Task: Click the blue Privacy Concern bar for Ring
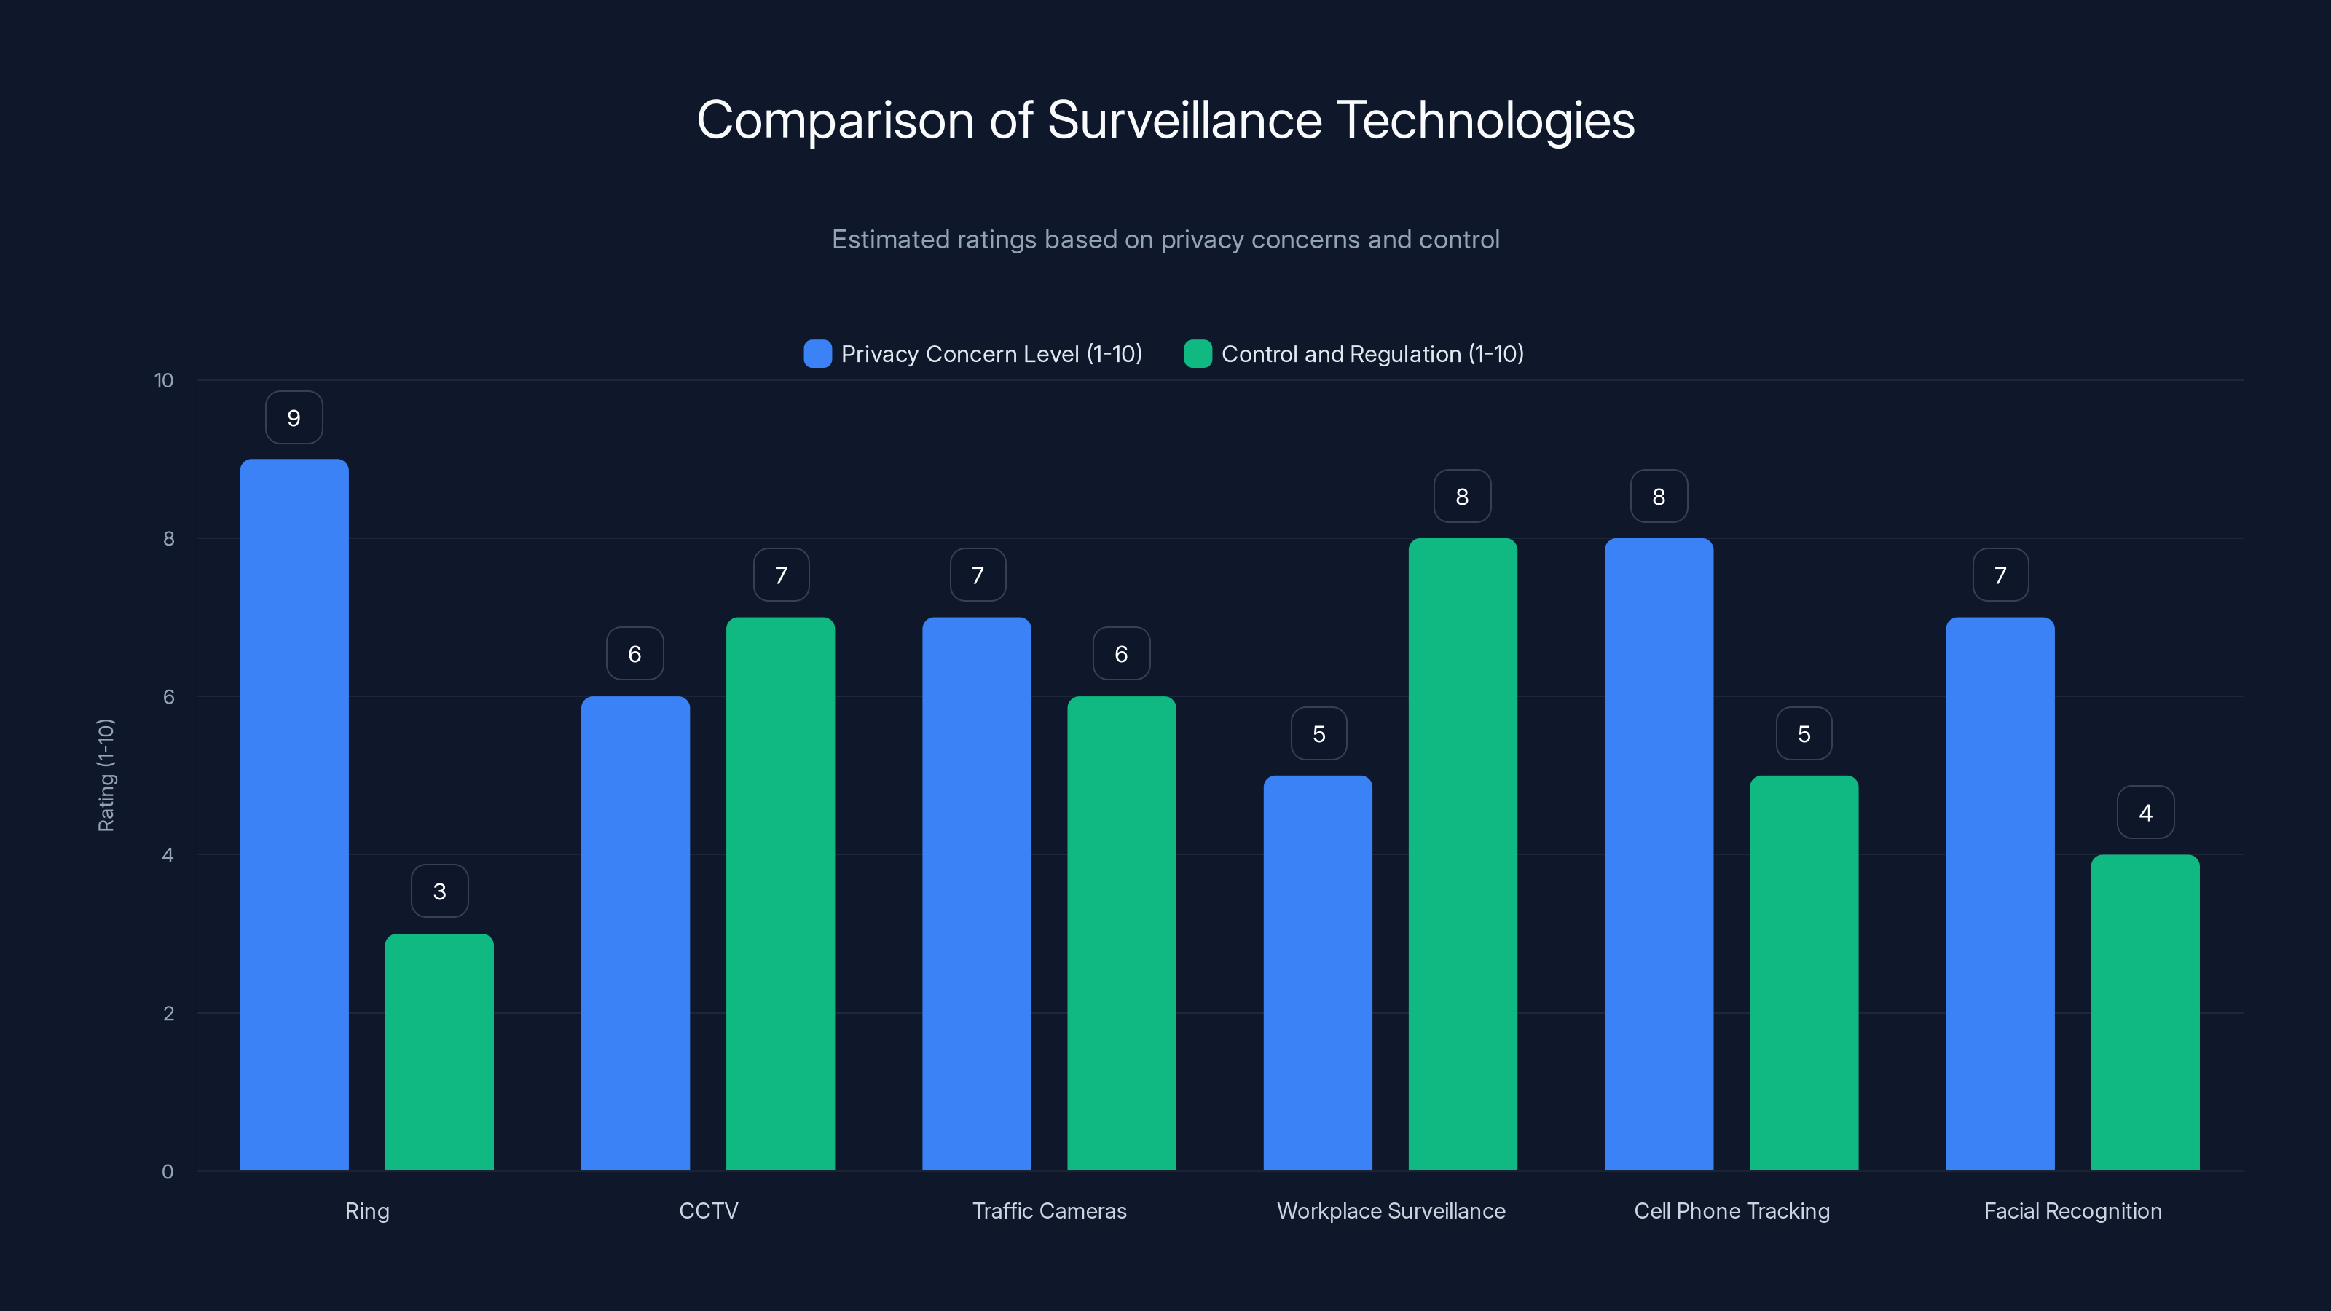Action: tap(294, 814)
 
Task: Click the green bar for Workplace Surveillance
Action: tap(1462, 854)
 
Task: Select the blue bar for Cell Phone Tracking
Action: tap(1659, 854)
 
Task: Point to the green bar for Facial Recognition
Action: tap(2145, 1012)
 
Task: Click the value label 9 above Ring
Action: tap(294, 418)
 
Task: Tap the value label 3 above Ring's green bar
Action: tap(440, 891)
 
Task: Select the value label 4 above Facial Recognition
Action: tap(2145, 813)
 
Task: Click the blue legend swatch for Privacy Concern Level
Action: tap(817, 354)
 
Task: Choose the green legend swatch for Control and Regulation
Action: tap(1197, 354)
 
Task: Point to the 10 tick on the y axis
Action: tap(164, 380)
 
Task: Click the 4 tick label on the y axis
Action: tap(168, 855)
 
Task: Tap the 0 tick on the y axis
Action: tap(168, 1172)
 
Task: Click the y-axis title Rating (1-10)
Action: tap(106, 776)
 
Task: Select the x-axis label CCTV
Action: tap(709, 1210)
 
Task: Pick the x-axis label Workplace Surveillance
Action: tap(1391, 1210)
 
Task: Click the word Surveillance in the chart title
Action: tap(1184, 120)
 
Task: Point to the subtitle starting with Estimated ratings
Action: tap(1165, 240)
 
